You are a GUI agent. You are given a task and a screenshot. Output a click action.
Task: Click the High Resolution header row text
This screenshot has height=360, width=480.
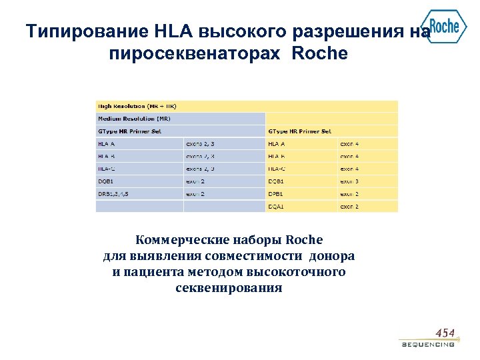coord(137,106)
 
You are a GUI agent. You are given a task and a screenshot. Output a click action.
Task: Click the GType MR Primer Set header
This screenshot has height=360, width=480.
coord(130,131)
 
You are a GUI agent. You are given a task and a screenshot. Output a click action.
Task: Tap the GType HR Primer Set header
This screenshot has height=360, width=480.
coord(299,131)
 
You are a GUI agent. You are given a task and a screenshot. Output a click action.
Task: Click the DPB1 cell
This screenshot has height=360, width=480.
coord(276,194)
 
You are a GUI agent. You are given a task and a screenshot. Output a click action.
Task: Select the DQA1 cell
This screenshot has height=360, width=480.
coord(276,207)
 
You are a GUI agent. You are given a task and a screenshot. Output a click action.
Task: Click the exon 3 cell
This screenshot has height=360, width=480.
coord(349,181)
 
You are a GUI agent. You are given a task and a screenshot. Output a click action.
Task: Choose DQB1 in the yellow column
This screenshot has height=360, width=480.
coord(276,181)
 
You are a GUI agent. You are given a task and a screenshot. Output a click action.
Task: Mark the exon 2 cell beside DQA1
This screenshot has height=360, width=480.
coord(349,207)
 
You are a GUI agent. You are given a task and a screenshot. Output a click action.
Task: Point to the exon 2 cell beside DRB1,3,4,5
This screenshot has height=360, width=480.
coord(195,194)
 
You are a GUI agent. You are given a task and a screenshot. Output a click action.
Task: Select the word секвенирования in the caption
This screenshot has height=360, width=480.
coord(229,289)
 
